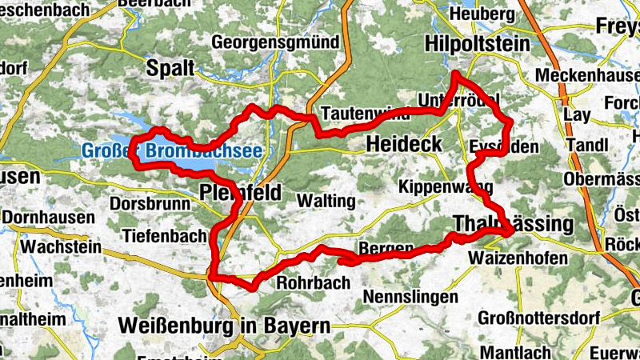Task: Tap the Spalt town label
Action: tap(170, 69)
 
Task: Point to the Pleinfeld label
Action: tap(239, 193)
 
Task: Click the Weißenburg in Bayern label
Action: tap(223, 326)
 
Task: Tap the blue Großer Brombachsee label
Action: tap(173, 150)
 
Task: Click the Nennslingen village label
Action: tap(410, 298)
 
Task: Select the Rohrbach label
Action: tap(313, 282)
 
